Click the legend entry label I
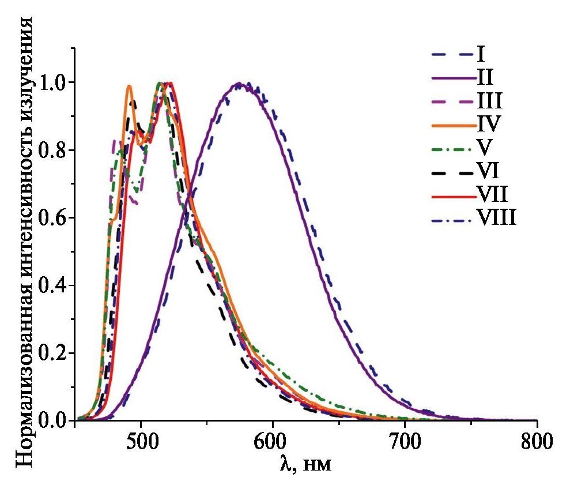coord(480,55)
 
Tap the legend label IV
coord(488,123)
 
